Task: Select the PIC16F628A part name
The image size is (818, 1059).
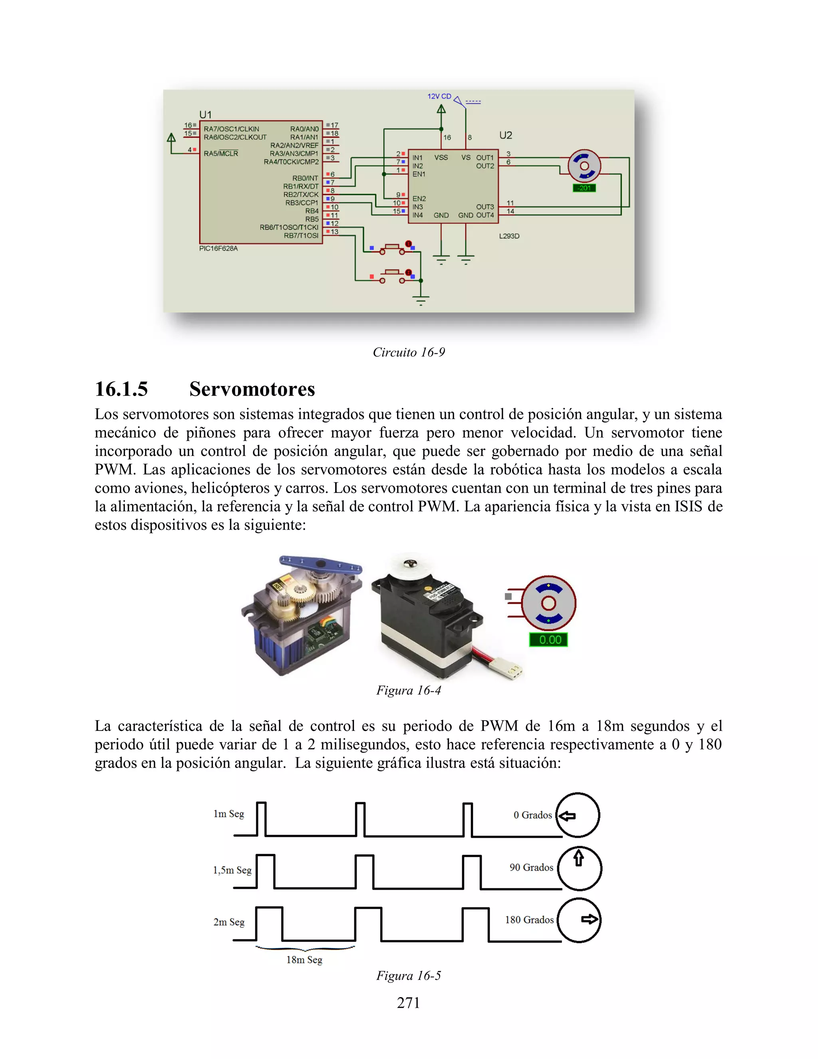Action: pyautogui.click(x=218, y=248)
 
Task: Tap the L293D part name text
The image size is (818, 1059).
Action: pyautogui.click(x=509, y=236)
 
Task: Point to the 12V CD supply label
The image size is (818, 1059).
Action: pyautogui.click(x=439, y=96)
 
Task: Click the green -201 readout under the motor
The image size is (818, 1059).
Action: pyautogui.click(x=584, y=188)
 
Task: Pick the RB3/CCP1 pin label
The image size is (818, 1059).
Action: pyautogui.click(x=302, y=203)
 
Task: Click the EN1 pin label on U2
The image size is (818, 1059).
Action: pyautogui.click(x=419, y=174)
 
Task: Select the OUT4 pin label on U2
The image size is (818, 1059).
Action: pyautogui.click(x=484, y=215)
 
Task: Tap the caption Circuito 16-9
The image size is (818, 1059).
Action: pyautogui.click(x=409, y=352)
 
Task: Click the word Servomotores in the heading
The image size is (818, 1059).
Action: pyautogui.click(x=252, y=389)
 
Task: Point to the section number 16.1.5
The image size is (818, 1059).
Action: pyautogui.click(x=121, y=389)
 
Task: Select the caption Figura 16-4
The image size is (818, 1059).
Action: pyautogui.click(x=409, y=690)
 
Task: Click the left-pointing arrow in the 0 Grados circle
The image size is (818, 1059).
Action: pyautogui.click(x=567, y=816)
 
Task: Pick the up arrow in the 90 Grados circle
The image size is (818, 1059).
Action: pyautogui.click(x=579, y=859)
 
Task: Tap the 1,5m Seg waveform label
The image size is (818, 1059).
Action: pyautogui.click(x=232, y=870)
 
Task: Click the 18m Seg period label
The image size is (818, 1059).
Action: pyautogui.click(x=304, y=959)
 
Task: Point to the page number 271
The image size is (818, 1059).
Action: pyautogui.click(x=408, y=1002)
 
